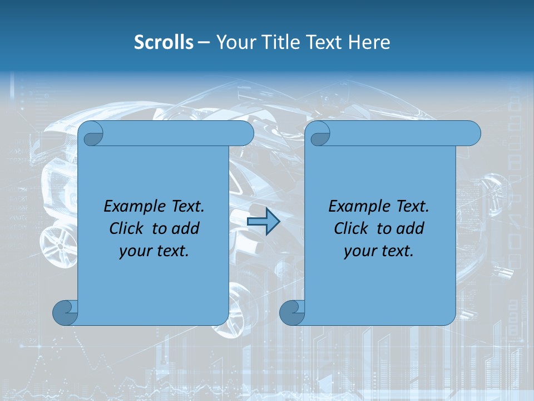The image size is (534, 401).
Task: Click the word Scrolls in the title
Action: [164, 42]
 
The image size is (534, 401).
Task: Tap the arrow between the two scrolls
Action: [263, 222]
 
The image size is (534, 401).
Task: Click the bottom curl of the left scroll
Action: [66, 312]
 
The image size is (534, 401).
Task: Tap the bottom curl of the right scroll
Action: [292, 312]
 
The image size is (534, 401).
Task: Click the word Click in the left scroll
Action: [126, 228]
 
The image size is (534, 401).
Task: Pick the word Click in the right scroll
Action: [350, 228]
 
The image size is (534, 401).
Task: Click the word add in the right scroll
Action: [411, 228]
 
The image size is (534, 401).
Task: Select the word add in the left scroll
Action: [186, 228]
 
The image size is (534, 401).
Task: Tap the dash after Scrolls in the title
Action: [204, 42]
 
